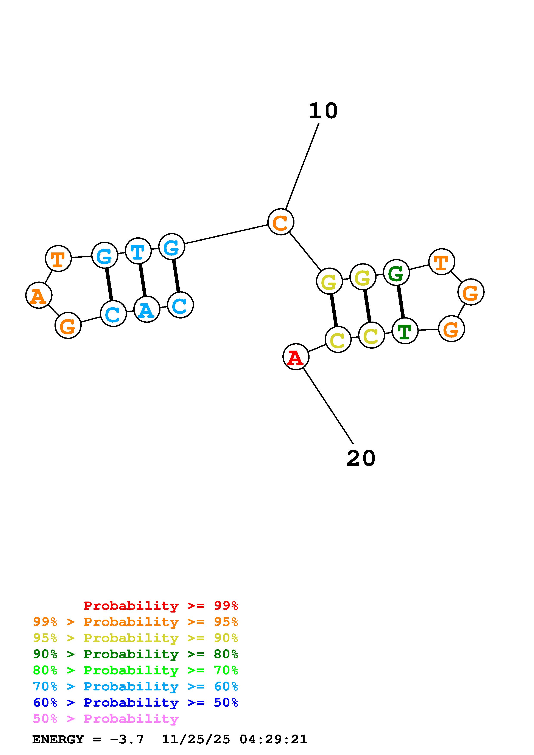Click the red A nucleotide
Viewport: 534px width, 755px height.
pos(296,357)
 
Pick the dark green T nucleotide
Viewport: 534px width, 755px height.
pos(405,331)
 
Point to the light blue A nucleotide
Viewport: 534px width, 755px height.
pos(147,309)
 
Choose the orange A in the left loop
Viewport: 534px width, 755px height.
pos(39,295)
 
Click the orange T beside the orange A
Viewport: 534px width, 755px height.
pos(58,259)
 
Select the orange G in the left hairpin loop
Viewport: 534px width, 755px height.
pos(68,326)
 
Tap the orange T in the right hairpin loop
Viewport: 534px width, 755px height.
pos(442,262)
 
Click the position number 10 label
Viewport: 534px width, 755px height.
pos(323,111)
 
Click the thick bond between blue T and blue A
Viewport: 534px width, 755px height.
pos(142,280)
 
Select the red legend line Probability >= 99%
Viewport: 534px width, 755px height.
pos(160,606)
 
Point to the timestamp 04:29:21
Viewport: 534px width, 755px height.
pos(273,739)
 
